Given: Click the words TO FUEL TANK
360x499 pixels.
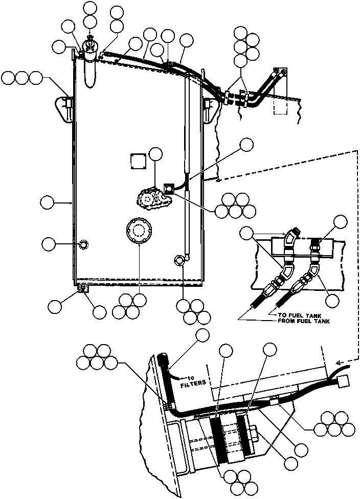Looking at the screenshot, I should coord(296,315).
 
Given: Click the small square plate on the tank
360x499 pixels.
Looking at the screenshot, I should coord(137,161).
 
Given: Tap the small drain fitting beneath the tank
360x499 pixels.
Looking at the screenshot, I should coord(82,289).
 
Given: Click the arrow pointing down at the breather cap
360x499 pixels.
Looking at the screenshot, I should coord(90,37).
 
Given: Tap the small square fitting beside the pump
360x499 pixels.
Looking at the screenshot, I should coord(168,189).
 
